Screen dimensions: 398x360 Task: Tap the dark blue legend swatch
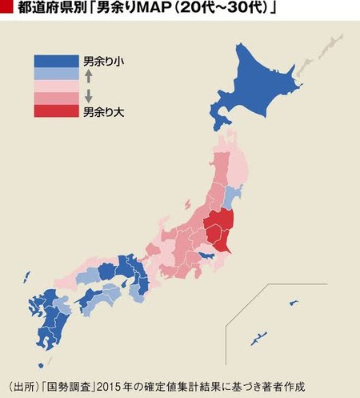tap(56, 61)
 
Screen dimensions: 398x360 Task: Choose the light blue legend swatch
tap(56, 74)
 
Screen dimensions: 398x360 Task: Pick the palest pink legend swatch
tap(56, 86)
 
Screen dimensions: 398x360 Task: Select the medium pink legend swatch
tap(56, 98)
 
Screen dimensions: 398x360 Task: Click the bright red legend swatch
tap(56, 111)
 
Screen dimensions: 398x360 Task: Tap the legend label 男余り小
tap(104, 61)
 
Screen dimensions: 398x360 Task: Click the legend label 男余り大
tap(104, 111)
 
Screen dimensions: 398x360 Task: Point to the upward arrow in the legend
tap(89, 76)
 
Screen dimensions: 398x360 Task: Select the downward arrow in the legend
tap(89, 94)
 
